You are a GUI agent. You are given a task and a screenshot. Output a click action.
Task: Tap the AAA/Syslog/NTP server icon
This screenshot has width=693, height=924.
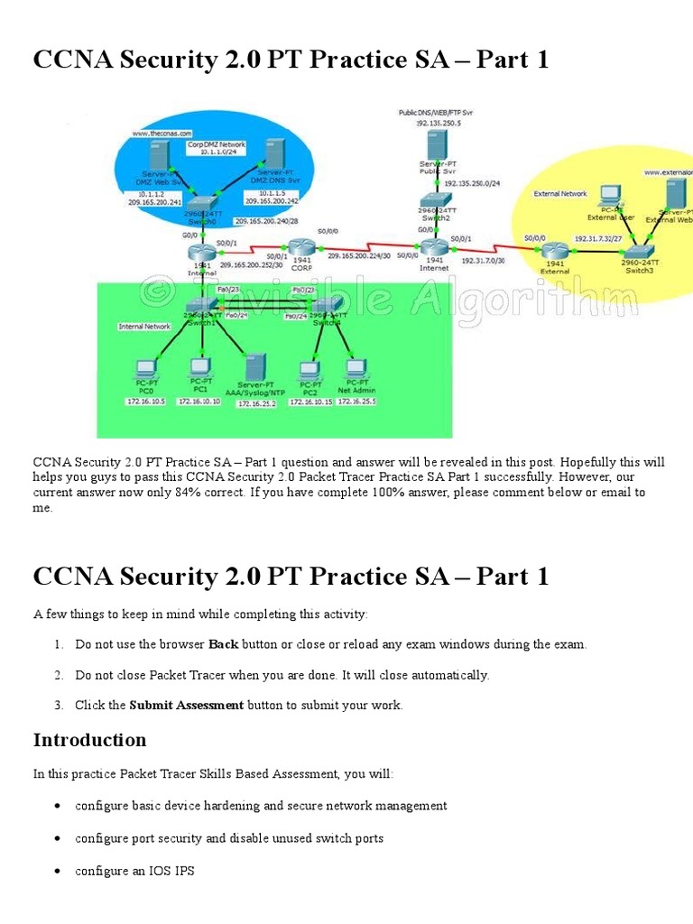(x=256, y=366)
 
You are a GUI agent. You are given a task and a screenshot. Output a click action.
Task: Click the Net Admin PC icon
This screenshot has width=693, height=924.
(x=356, y=369)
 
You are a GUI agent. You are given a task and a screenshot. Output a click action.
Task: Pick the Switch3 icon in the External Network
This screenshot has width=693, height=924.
(x=639, y=250)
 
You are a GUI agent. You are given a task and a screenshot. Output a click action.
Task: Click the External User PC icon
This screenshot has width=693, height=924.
(x=611, y=196)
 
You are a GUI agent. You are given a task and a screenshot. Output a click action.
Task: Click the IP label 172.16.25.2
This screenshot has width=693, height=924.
(x=256, y=404)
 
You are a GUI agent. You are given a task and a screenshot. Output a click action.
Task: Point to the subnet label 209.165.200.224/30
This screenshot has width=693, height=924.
(x=358, y=256)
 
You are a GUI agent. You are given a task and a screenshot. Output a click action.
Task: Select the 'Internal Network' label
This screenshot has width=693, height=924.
(x=144, y=327)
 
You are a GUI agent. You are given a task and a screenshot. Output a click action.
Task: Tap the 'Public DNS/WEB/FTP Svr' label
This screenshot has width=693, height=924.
(x=437, y=112)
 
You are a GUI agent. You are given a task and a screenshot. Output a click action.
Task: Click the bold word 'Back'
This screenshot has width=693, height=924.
(x=224, y=645)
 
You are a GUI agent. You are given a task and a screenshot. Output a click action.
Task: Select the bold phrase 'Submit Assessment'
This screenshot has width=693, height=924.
(x=186, y=706)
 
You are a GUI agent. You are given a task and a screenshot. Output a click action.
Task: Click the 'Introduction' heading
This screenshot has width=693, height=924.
(x=89, y=741)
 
